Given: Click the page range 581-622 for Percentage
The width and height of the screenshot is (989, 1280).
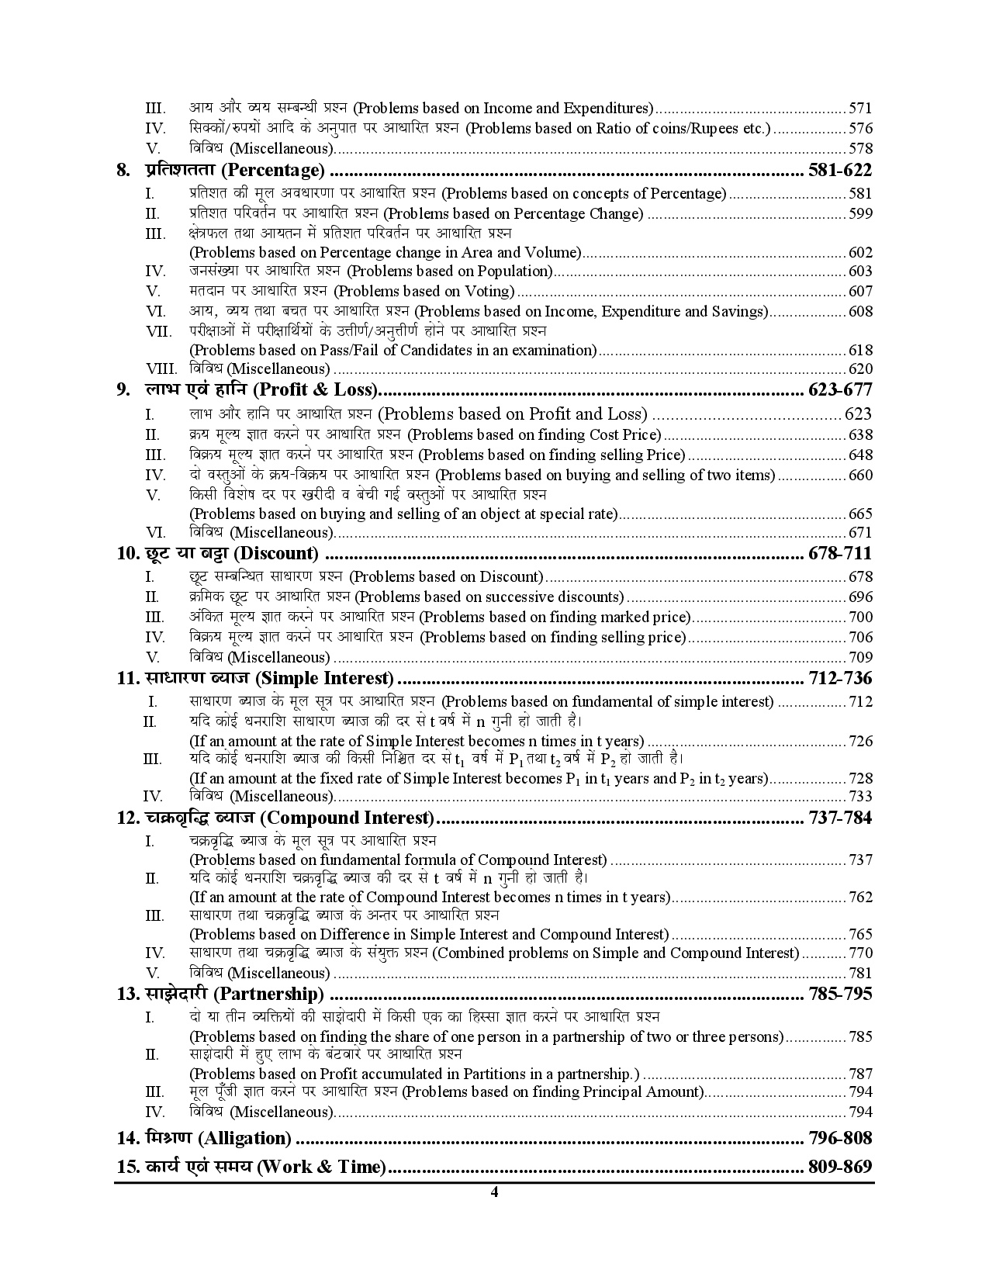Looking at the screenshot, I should click(839, 171).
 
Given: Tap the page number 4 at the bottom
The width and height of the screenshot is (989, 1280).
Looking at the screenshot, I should click(494, 1192).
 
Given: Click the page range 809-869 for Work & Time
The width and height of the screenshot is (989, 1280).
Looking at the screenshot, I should click(839, 1167).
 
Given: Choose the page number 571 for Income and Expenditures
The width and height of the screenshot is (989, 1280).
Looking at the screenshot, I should click(860, 109).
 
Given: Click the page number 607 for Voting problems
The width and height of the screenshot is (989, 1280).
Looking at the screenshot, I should click(860, 292).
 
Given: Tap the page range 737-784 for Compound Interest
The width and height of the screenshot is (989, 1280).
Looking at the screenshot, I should click(839, 818).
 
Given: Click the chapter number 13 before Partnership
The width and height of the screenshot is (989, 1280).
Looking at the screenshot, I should click(127, 994).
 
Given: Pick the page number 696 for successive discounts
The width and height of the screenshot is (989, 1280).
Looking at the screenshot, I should click(860, 597).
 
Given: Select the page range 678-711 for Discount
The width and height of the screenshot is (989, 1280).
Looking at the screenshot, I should click(839, 553).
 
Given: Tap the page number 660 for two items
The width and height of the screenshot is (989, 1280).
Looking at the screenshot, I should click(860, 476).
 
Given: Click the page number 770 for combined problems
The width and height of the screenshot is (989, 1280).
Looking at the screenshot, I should click(860, 953).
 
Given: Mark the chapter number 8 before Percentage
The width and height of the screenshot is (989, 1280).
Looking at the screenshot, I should click(123, 171).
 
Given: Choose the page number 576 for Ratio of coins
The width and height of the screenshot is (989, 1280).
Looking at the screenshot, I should click(860, 129).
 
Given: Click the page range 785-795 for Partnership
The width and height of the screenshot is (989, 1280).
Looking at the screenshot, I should click(839, 994).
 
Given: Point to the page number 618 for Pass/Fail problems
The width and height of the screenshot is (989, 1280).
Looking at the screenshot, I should click(860, 351).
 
